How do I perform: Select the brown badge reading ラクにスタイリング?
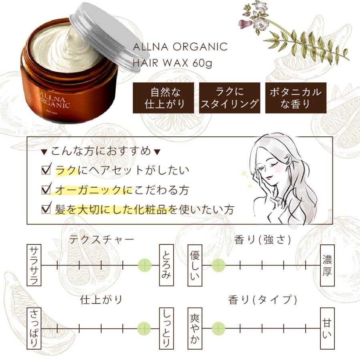click(230, 98)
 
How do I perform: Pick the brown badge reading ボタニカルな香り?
click(296, 98)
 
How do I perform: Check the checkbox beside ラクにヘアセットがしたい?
click(46, 170)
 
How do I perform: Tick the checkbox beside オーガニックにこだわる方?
click(46, 189)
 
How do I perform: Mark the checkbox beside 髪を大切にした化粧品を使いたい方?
click(46, 208)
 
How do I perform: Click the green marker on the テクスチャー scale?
click(144, 265)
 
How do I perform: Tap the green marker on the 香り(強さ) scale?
click(218, 265)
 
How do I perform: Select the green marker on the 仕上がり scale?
click(144, 328)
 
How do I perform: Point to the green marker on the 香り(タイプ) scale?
click(218, 328)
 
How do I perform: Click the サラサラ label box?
click(34, 265)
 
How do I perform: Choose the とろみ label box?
click(166, 265)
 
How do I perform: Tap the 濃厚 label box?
click(327, 265)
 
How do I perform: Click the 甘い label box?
click(327, 328)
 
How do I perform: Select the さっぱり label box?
click(34, 328)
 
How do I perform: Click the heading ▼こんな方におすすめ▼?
click(101, 151)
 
